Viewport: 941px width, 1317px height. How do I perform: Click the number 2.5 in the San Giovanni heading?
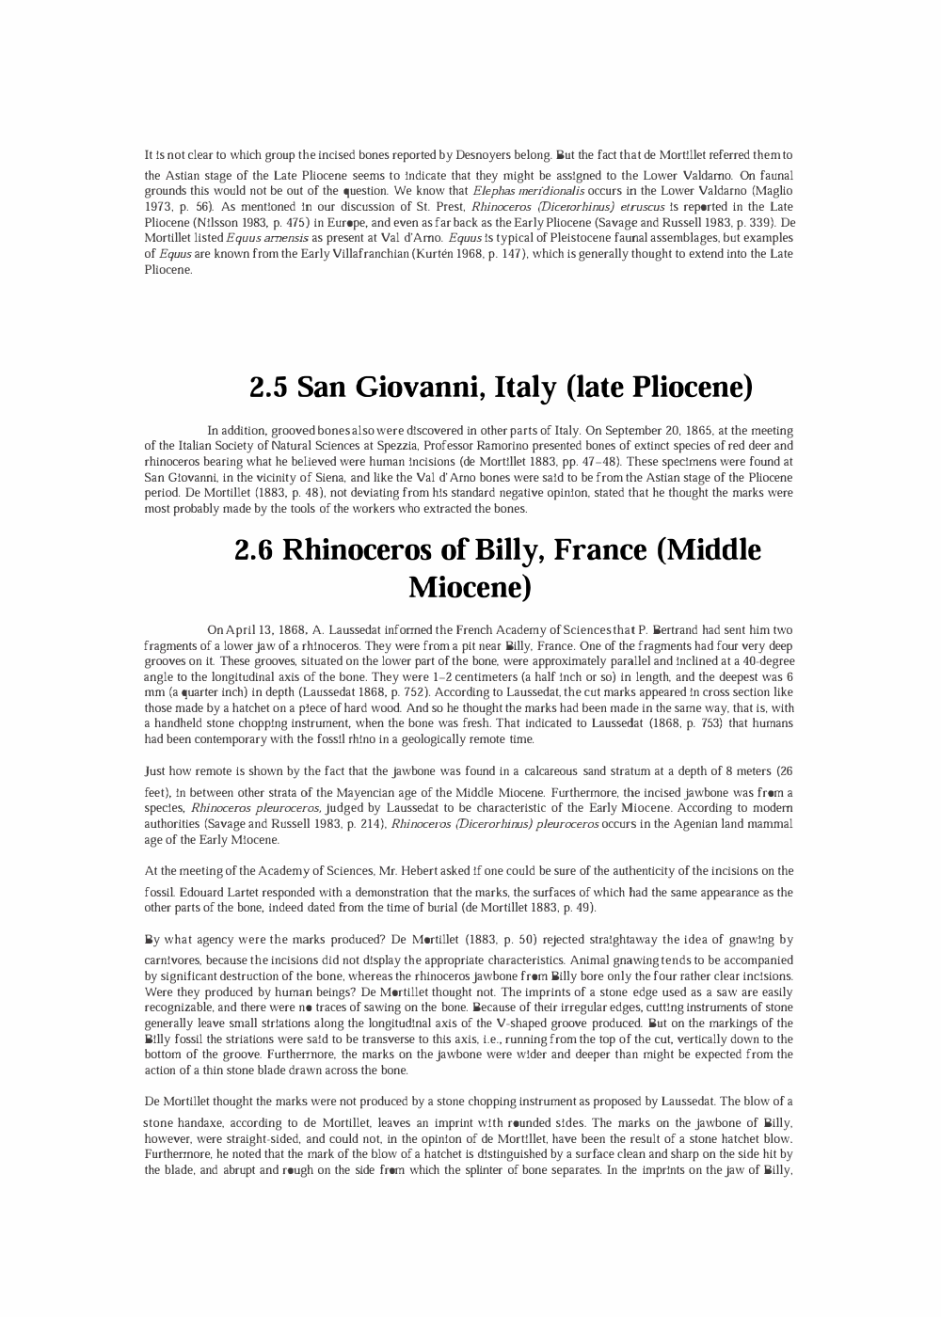coord(269,387)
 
